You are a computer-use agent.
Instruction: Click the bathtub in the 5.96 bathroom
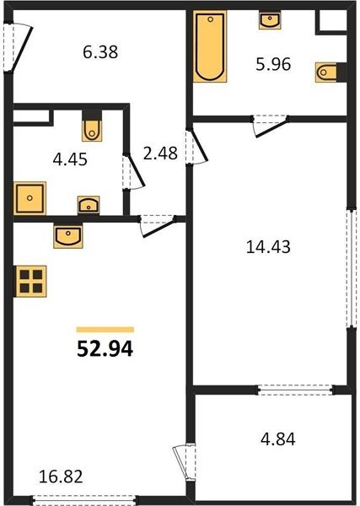coord(210,46)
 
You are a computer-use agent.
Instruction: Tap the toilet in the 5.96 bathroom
coord(325,72)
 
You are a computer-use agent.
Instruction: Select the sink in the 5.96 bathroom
coord(270,20)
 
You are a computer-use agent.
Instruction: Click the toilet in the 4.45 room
coord(92,130)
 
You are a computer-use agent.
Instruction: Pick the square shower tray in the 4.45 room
coord(30,198)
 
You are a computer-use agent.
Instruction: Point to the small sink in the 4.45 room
coord(89,205)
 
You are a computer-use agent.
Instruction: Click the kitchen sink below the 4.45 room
coord(68,235)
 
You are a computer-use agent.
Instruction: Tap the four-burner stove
coord(31,281)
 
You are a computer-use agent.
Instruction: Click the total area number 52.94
coord(105,349)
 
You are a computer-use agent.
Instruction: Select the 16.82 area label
coord(61,476)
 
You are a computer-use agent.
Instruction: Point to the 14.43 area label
coord(268,247)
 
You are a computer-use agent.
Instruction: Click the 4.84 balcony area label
coord(277,439)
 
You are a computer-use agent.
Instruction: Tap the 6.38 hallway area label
coord(100,52)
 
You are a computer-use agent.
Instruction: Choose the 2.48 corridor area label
coord(160,153)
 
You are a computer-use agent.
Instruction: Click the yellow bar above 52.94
coord(105,330)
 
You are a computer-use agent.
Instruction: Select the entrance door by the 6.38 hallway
coord(17,47)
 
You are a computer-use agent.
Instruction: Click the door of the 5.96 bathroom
coord(270,126)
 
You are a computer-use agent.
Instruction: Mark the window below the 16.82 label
coord(84,499)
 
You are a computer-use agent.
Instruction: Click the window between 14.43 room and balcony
coord(295,390)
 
